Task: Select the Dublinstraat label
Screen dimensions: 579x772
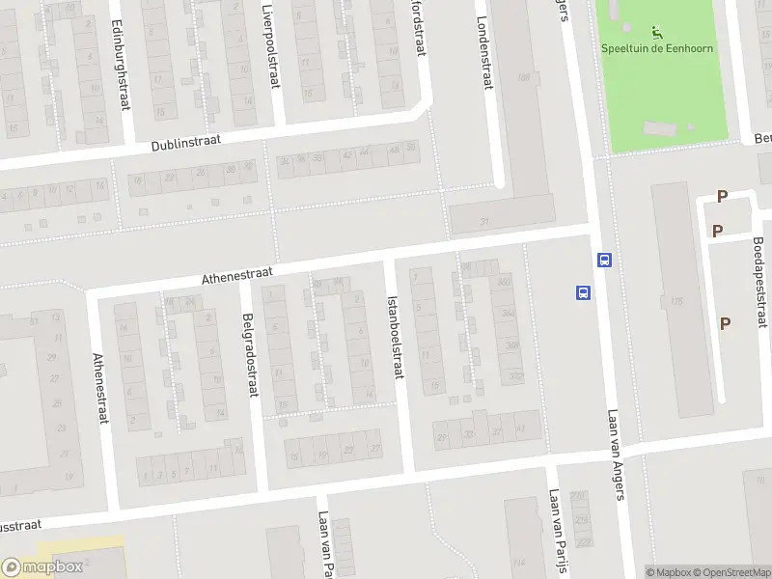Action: [186, 143]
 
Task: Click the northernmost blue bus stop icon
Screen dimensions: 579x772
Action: [604, 260]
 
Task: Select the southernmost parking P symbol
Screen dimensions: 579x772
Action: [724, 323]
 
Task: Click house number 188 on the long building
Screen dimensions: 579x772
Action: [524, 77]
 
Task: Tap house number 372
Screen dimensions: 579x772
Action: [515, 375]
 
